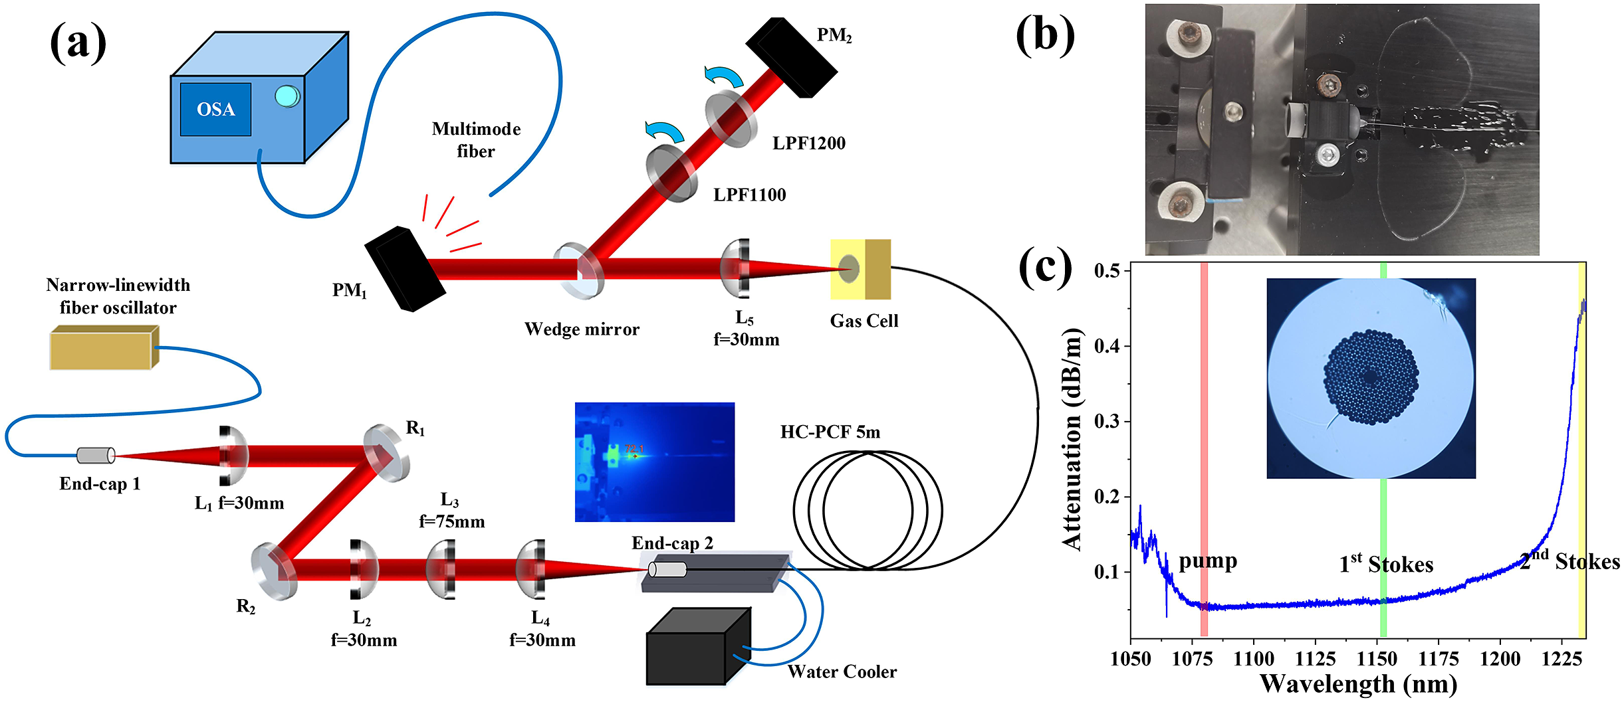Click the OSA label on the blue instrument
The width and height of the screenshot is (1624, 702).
click(215, 110)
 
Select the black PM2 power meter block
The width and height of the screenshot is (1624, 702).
click(791, 58)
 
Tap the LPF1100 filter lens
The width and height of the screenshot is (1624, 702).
click(671, 171)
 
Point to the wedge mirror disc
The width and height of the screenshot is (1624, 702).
click(579, 270)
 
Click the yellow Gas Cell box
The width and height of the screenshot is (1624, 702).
click(860, 269)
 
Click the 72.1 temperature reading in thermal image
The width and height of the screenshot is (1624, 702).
click(634, 449)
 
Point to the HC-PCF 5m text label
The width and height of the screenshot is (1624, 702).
click(830, 432)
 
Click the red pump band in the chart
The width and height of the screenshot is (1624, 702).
click(1204, 448)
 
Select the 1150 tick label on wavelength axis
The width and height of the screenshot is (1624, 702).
click(1377, 659)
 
